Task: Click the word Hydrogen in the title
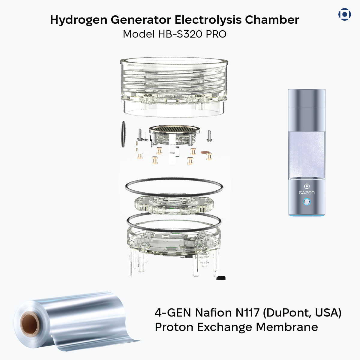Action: (79, 20)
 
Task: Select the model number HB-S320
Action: (180, 34)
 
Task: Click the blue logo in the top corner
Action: (344, 14)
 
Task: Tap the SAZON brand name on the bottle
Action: (307, 193)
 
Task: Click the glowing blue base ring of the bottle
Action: (307, 216)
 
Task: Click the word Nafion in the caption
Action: (213, 313)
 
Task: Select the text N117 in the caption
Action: (247, 313)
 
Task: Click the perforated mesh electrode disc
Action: (175, 129)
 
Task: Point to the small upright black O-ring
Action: (123, 134)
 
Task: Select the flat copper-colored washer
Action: (205, 153)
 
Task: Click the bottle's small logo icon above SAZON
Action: (307, 186)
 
